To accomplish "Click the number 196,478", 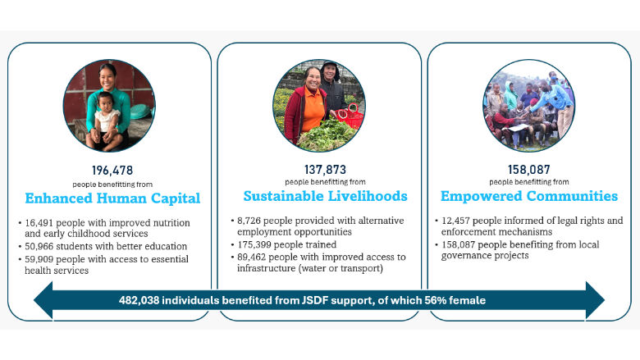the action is pos(112,171).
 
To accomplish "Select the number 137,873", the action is pos(325,170).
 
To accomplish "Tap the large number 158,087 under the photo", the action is pos(529,170).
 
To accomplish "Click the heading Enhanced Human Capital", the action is pos(112,198).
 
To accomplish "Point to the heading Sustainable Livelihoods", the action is pos(325,196).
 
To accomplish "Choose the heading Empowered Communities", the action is pos(529,196).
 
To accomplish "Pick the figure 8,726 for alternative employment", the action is pos(249,221).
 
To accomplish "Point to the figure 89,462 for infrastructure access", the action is pos(251,257).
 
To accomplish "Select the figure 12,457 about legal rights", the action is pos(455,221).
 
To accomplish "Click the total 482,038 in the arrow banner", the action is pos(139,300).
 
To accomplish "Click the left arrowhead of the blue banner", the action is pos(43,300).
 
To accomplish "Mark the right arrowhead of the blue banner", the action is pos(595,300).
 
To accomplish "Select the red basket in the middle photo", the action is pos(351,116).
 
